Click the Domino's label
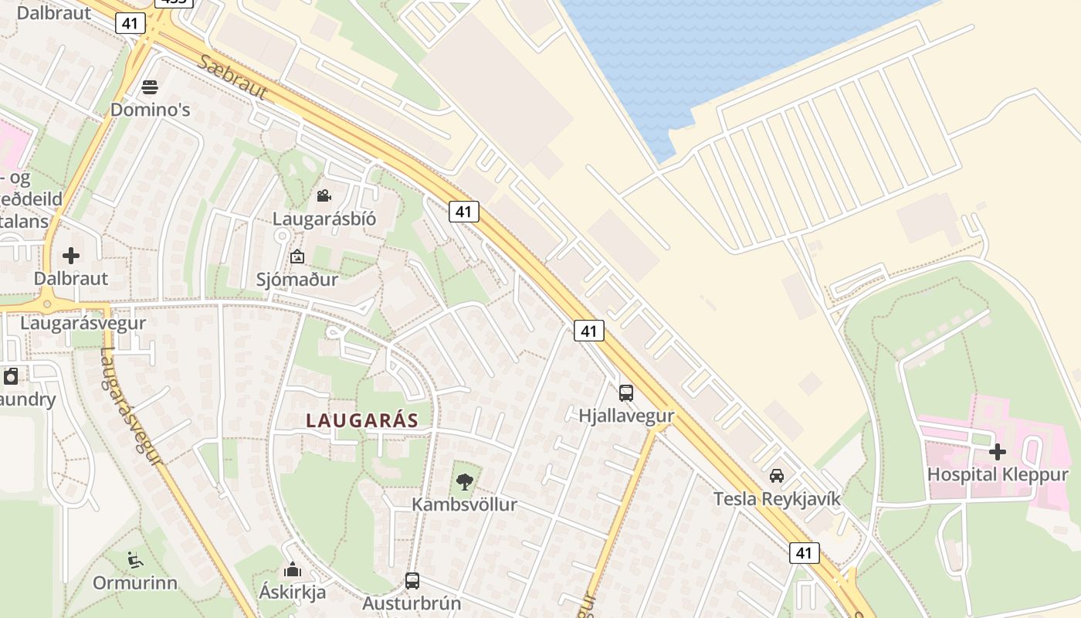point(150,109)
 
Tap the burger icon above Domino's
point(150,86)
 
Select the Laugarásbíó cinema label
point(324,219)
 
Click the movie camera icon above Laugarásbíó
point(324,196)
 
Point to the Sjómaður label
point(297,280)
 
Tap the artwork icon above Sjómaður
point(297,256)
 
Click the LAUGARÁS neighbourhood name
point(362,421)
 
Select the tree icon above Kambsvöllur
point(464,482)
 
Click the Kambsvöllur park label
point(464,504)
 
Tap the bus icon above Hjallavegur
point(626,392)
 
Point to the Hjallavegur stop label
point(626,416)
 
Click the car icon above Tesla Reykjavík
point(777,475)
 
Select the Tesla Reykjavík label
point(777,498)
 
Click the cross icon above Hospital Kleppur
point(998,452)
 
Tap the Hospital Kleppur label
point(998,474)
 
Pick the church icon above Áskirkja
point(293,570)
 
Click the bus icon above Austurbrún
point(412,580)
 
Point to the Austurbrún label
point(412,603)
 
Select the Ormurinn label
point(135,582)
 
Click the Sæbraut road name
point(232,78)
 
